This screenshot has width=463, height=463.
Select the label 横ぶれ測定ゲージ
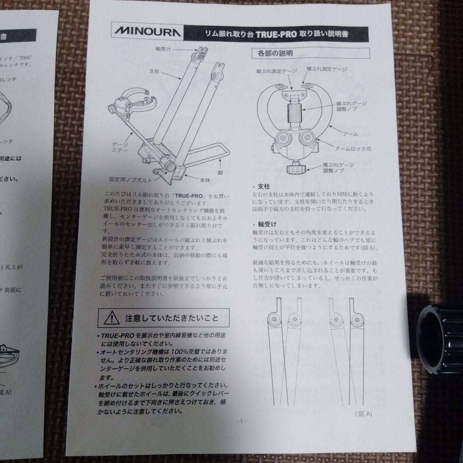coord(326,69)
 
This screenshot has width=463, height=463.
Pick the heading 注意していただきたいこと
coord(171,319)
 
